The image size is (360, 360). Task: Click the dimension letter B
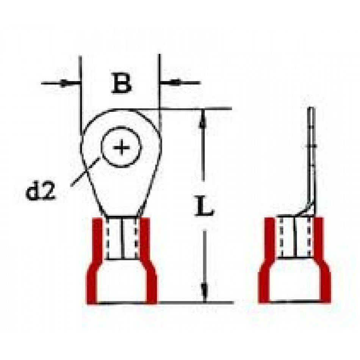pos(121,83)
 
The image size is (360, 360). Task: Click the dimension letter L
pos(204,205)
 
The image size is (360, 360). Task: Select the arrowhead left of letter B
pos(64,83)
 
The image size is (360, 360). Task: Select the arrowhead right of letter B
pos(175,82)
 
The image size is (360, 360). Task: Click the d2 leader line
pos(85,172)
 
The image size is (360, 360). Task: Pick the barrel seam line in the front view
pos(122,239)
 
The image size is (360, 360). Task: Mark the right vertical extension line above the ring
pos(160,92)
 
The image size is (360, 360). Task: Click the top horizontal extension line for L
pos(195,108)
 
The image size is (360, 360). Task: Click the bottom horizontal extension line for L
pos(195,303)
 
